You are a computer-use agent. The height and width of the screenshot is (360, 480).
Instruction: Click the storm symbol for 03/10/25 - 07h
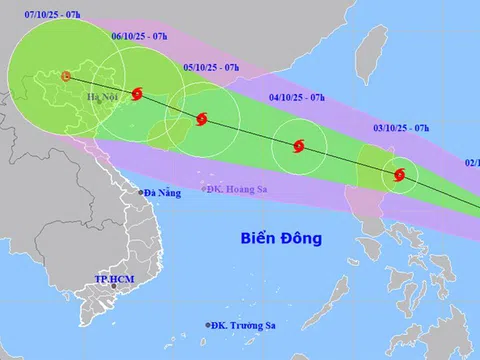click(x=399, y=175)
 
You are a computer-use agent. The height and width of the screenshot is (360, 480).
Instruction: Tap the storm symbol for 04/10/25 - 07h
click(x=298, y=147)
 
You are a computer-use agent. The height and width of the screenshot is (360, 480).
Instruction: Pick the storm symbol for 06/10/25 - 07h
click(x=136, y=95)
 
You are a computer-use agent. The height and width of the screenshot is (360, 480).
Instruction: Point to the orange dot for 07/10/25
click(x=66, y=75)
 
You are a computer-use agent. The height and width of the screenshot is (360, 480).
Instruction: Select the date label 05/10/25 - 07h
click(x=212, y=66)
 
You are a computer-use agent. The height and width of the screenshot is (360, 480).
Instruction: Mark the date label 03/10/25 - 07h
click(x=401, y=128)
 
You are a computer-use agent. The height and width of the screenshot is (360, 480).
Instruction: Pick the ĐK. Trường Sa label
click(x=245, y=325)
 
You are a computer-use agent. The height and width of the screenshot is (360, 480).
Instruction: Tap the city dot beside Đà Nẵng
click(x=139, y=192)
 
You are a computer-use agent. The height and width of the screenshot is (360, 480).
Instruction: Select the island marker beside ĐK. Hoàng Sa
click(x=202, y=188)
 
